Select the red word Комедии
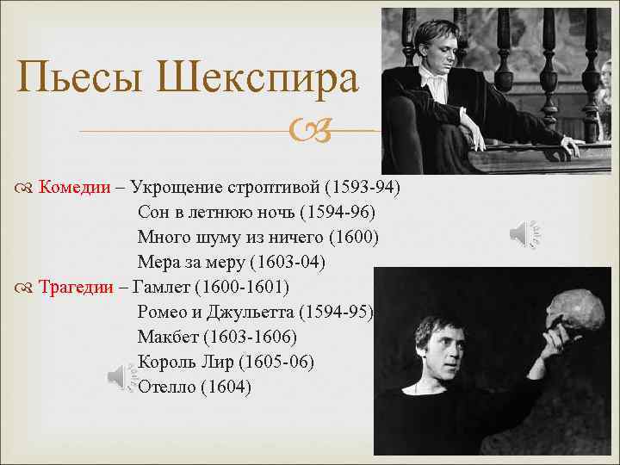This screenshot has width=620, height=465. (75, 187)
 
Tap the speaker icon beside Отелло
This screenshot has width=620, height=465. (122, 377)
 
